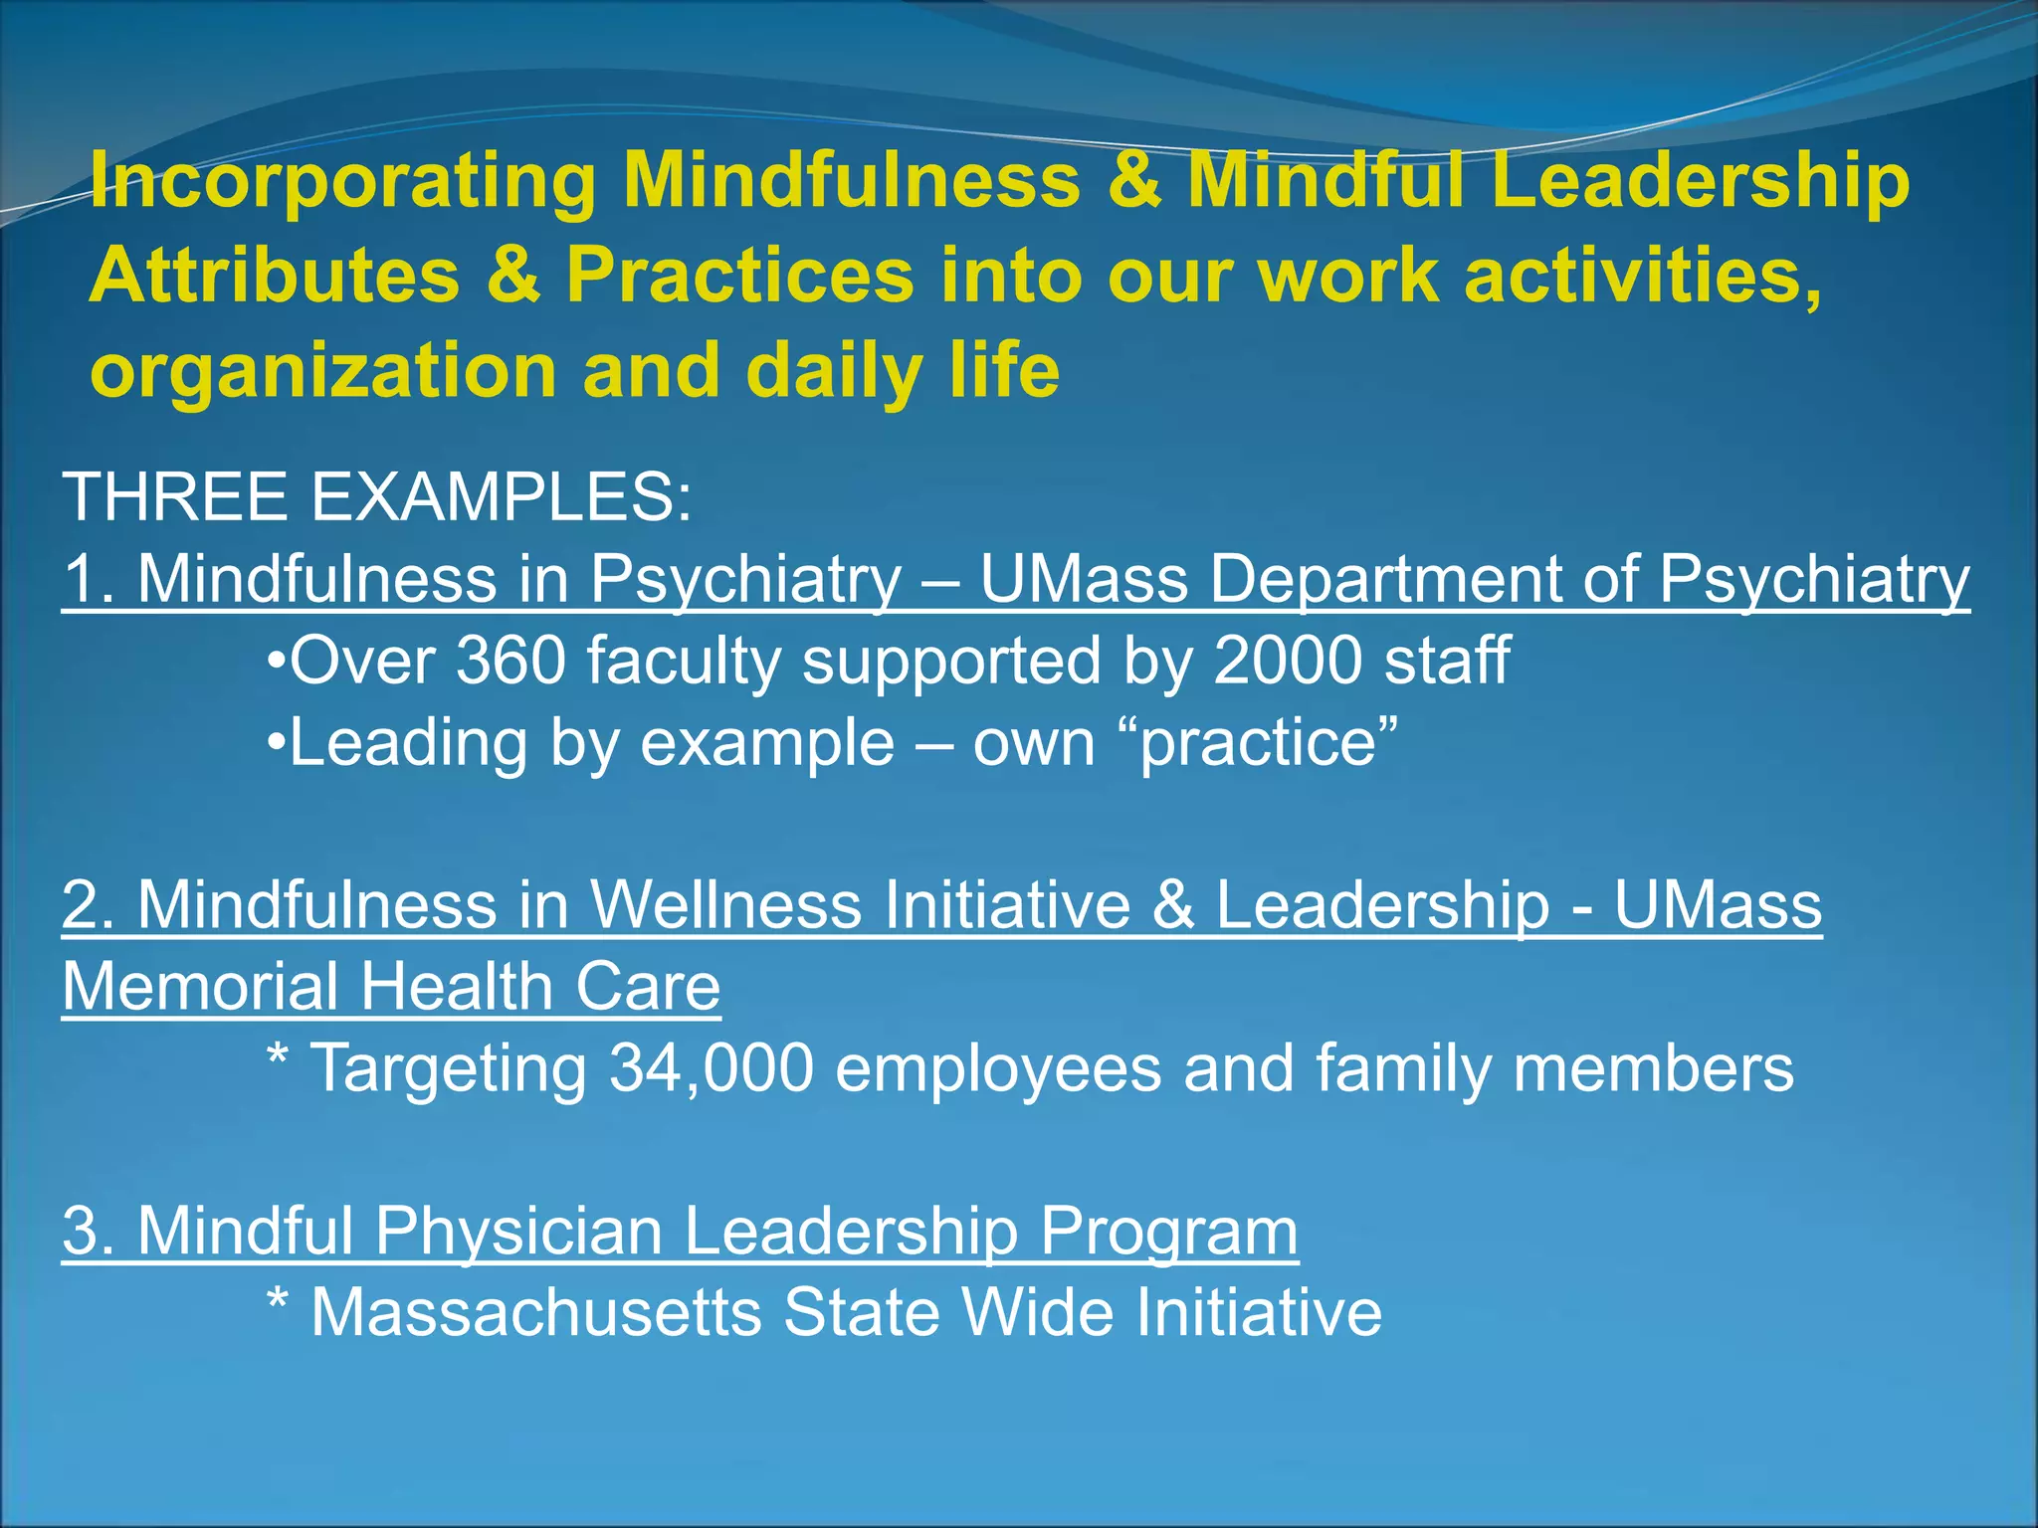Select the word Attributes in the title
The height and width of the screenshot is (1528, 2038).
(274, 276)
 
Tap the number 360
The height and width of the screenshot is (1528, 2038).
(510, 661)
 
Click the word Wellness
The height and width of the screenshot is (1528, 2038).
(725, 905)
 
